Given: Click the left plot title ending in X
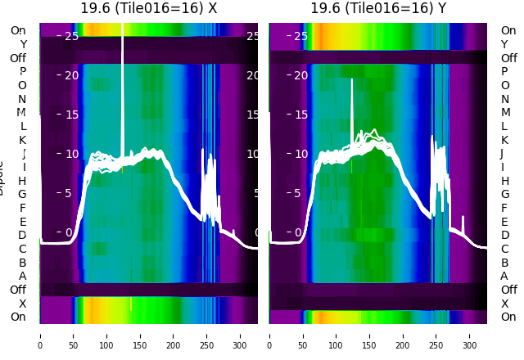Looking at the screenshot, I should (x=148, y=8).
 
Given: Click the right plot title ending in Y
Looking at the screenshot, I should (x=378, y=8).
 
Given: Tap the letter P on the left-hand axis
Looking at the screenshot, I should (x=23, y=71).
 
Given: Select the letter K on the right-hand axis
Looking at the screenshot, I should (x=504, y=140).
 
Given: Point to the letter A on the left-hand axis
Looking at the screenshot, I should (x=23, y=276).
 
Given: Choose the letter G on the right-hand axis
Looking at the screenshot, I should (x=504, y=194).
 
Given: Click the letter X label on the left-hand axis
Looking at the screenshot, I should (x=23, y=304).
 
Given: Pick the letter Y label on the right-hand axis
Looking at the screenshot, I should (x=504, y=44).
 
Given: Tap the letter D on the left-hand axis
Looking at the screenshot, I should (x=23, y=235).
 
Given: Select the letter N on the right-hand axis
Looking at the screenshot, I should (x=504, y=99).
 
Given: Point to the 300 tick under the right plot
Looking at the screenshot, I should (x=470, y=335).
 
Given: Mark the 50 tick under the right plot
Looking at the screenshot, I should (x=303, y=335).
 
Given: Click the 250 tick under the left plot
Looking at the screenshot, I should (x=207, y=335).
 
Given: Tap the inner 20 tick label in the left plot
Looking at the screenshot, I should (x=70, y=75).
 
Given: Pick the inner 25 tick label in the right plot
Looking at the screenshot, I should (x=300, y=36).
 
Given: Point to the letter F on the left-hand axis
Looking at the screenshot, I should (x=23, y=208).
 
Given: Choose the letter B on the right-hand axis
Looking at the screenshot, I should (x=504, y=263).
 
